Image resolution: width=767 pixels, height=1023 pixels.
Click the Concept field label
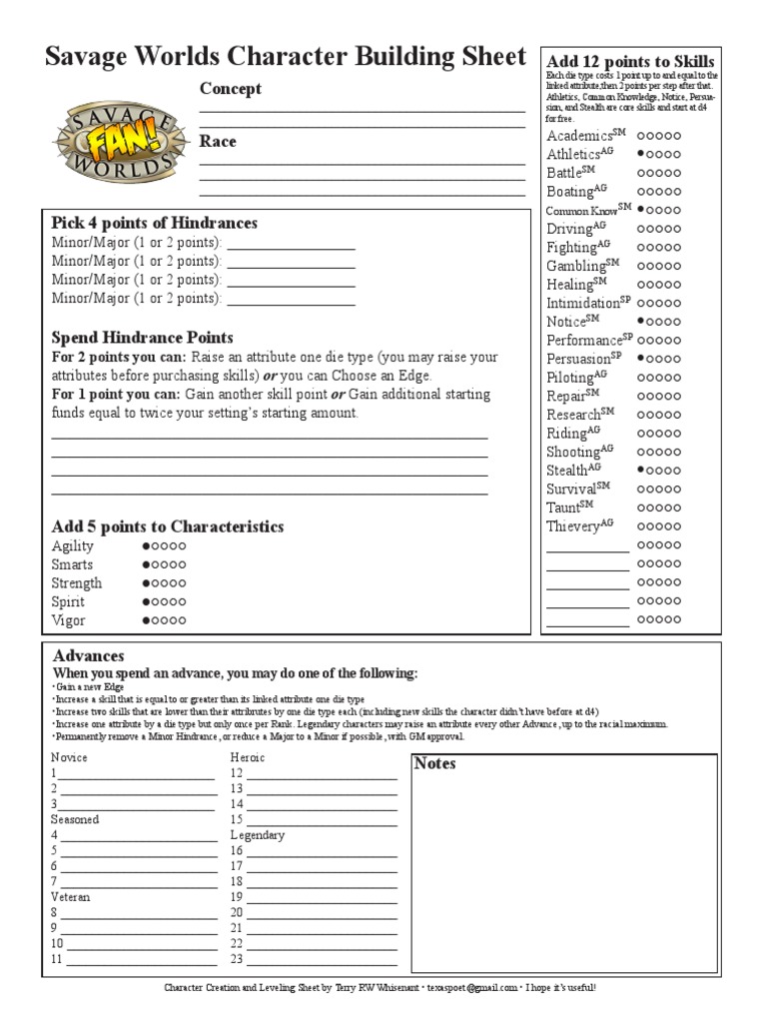tap(231, 89)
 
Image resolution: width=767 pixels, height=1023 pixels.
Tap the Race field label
tap(218, 142)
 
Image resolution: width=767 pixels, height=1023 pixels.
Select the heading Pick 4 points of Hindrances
tap(154, 223)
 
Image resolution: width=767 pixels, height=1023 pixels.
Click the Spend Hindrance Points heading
tap(142, 338)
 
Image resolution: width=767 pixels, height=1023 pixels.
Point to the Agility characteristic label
tap(72, 546)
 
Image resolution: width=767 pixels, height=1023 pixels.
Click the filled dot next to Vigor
tap(146, 621)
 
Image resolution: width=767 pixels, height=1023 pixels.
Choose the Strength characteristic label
tap(76, 583)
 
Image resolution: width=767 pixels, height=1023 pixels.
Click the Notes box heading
tap(434, 764)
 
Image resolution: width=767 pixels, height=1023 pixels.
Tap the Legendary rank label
tap(258, 835)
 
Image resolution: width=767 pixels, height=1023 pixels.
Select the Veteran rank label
tap(71, 897)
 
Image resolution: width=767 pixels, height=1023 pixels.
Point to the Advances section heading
tap(88, 656)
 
